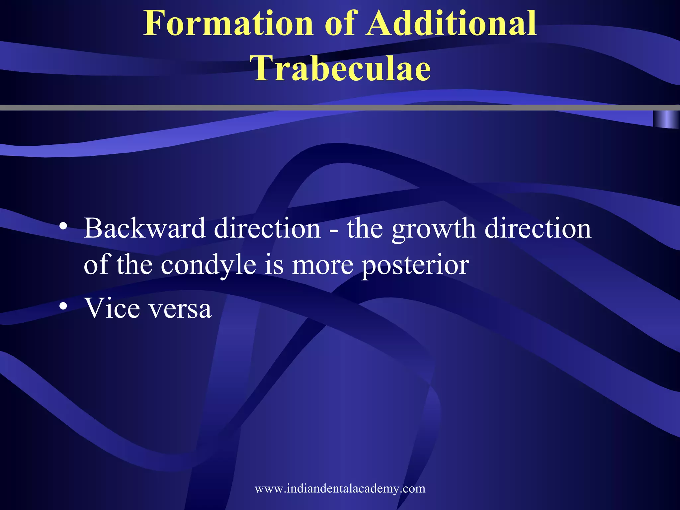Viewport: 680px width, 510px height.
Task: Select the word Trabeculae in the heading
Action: (342, 68)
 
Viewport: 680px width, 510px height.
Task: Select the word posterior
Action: (415, 266)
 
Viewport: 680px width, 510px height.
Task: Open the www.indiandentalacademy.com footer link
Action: (340, 488)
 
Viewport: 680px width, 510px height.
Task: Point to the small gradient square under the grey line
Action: (666, 119)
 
